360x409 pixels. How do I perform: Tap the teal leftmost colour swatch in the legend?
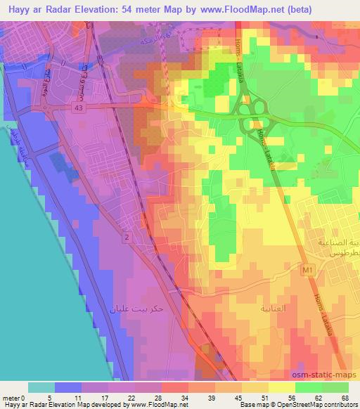[x=41, y=387]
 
